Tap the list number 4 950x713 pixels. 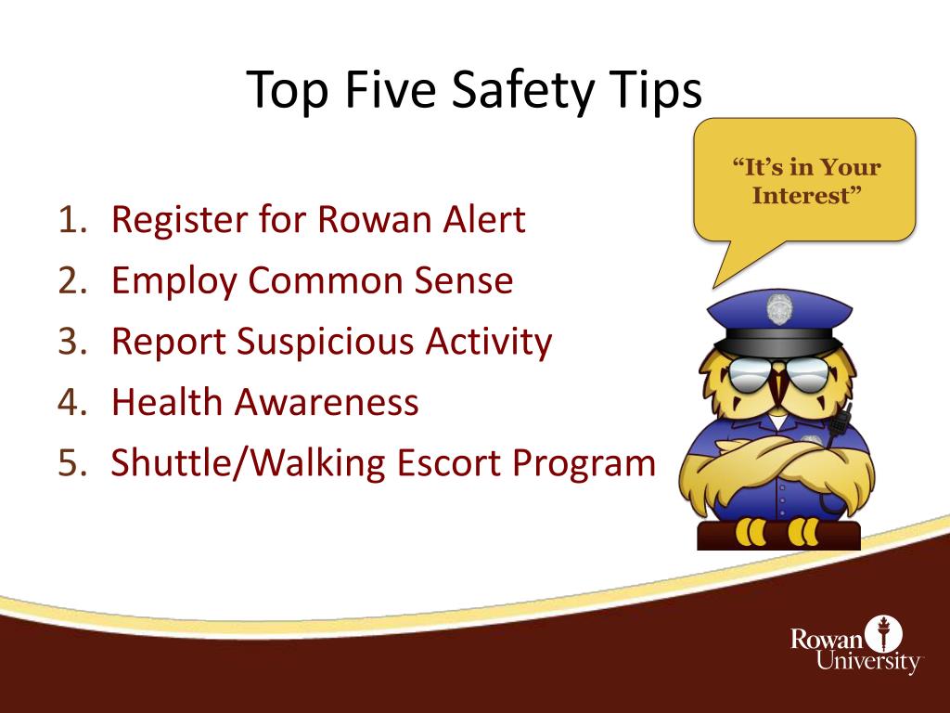[71, 403]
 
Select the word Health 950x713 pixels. [167, 403]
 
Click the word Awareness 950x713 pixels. [326, 403]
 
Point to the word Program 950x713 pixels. [585, 463]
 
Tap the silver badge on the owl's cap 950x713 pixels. [779, 306]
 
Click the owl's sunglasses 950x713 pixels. [778, 376]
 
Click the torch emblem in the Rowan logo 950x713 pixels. [882, 635]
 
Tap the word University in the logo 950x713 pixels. [868, 663]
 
